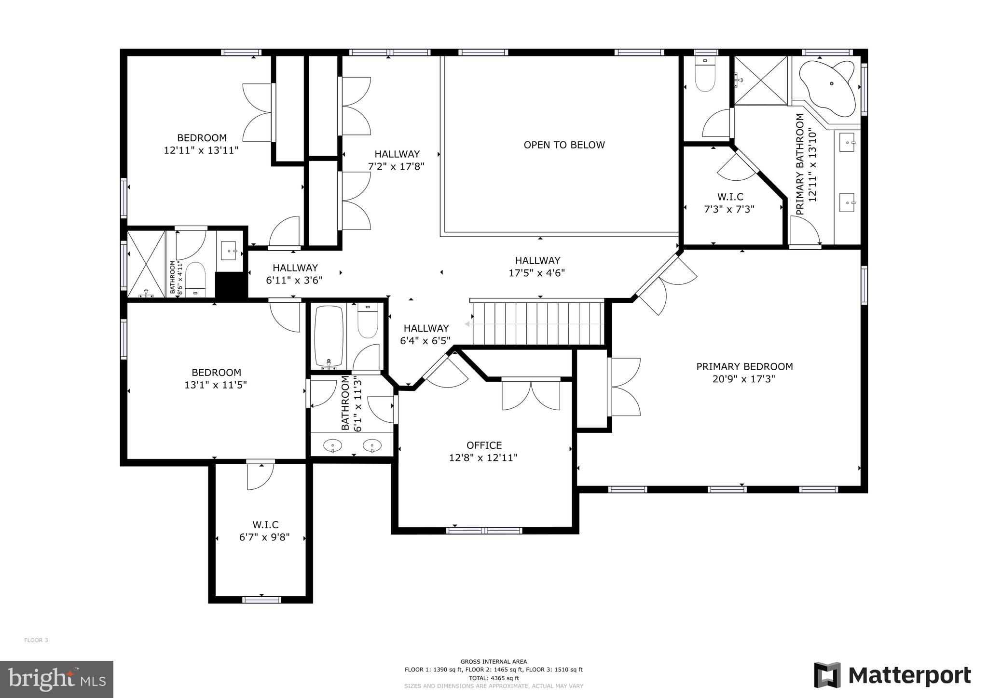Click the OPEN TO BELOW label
(x=564, y=145)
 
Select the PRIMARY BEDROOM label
(x=744, y=366)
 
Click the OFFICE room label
(x=484, y=445)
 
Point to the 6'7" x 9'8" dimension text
(x=264, y=537)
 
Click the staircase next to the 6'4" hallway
(x=538, y=323)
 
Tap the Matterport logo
(x=892, y=675)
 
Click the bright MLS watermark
(x=56, y=679)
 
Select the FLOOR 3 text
(x=36, y=640)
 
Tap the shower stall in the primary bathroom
(x=761, y=80)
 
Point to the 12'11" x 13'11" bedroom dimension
(x=201, y=150)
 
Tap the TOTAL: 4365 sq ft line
(x=494, y=678)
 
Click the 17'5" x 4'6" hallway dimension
(x=536, y=273)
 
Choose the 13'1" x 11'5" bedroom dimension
(x=216, y=385)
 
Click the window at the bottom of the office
(x=484, y=531)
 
